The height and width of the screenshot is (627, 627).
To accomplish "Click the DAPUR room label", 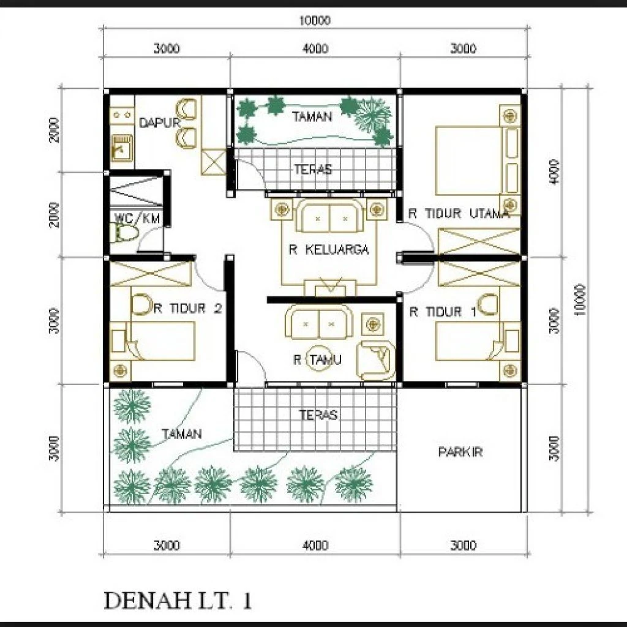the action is pos(160,122).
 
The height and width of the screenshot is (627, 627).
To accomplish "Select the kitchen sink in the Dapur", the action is pos(122,147).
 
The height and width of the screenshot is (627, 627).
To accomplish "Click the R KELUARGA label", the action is pos(328,250).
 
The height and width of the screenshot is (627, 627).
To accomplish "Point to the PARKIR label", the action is pos(460,452).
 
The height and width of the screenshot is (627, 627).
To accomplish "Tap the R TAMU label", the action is pos(318,359).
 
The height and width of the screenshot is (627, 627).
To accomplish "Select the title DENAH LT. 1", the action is pos(178,601).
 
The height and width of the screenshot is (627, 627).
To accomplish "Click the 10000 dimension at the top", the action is pos(315,20).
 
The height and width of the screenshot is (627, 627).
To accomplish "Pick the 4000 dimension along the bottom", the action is pos(315,545).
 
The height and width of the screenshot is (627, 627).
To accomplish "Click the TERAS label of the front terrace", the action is pos(318,415).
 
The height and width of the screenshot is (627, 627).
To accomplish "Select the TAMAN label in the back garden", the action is pos(312,116).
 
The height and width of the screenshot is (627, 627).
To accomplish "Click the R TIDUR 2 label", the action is pos(187,309).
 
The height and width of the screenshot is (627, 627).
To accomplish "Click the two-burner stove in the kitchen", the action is pos(122,115).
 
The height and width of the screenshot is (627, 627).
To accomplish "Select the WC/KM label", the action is pos(137,218).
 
